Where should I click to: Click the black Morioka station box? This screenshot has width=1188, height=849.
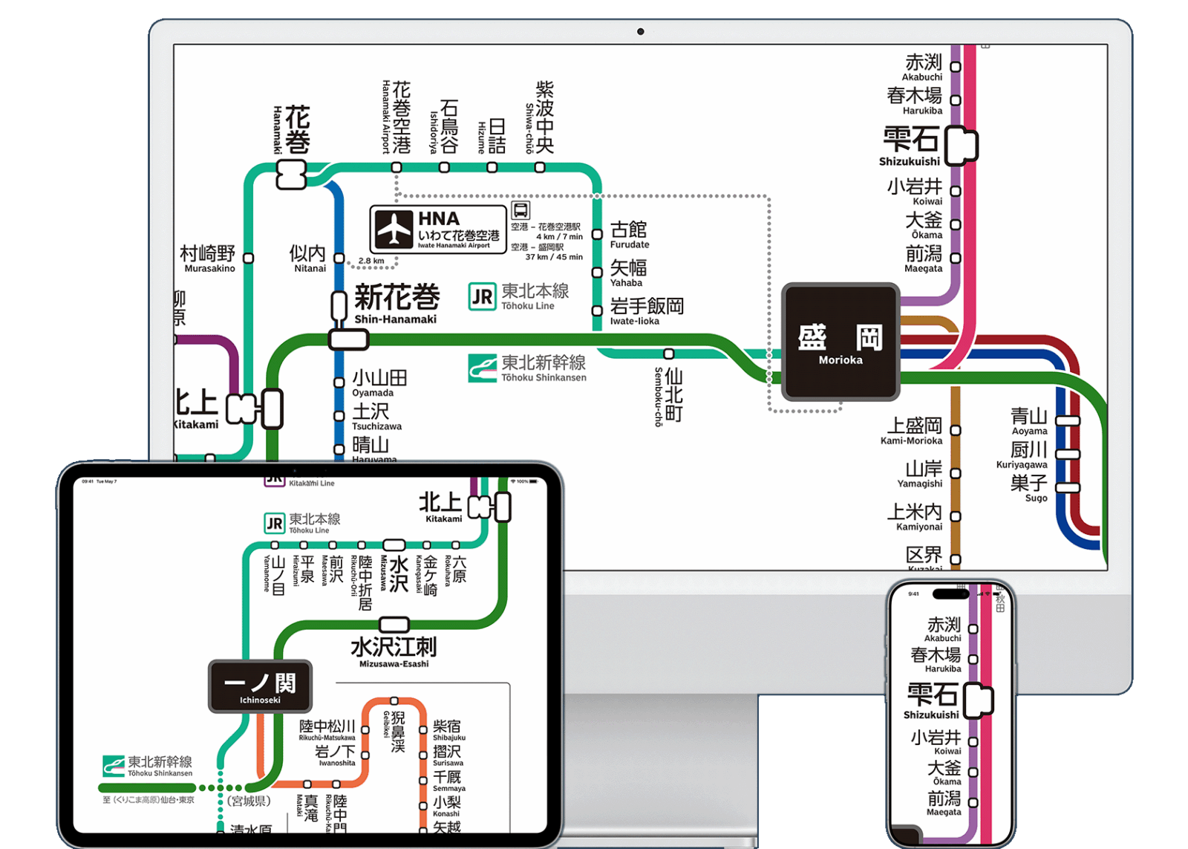tap(841, 342)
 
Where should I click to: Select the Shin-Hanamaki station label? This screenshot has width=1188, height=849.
tap(396, 304)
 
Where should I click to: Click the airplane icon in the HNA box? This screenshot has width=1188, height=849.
tap(393, 230)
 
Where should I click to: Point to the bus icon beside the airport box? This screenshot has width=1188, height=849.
tap(520, 210)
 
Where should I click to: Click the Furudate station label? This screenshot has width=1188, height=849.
tap(629, 234)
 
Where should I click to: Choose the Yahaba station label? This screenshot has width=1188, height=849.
tap(628, 272)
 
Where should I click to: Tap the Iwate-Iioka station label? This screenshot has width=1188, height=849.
tap(646, 310)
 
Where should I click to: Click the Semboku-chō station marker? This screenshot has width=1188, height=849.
tap(669, 354)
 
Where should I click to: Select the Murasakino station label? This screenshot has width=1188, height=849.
tap(208, 258)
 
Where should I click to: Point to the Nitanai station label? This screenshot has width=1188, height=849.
tap(308, 258)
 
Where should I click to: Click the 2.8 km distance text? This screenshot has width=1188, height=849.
tap(371, 261)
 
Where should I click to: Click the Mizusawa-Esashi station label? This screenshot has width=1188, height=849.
tap(394, 651)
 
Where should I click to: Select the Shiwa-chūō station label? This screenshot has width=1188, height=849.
tap(540, 119)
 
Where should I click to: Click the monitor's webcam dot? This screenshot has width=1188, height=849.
tap(640, 31)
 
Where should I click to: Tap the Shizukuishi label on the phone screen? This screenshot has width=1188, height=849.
tap(932, 700)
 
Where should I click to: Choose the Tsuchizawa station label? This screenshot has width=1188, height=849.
tap(375, 416)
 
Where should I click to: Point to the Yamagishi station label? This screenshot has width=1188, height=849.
tap(922, 473)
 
